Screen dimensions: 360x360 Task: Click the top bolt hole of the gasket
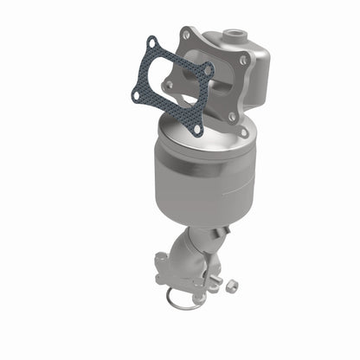[152, 42]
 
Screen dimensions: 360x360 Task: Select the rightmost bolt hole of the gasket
[208, 69]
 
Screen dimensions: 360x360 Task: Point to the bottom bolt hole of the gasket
[197, 130]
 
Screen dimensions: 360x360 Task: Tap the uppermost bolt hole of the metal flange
[185, 34]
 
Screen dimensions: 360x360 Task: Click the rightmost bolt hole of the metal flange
[245, 61]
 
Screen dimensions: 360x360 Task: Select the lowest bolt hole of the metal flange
[243, 132]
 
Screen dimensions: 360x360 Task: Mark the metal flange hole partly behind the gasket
[170, 85]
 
